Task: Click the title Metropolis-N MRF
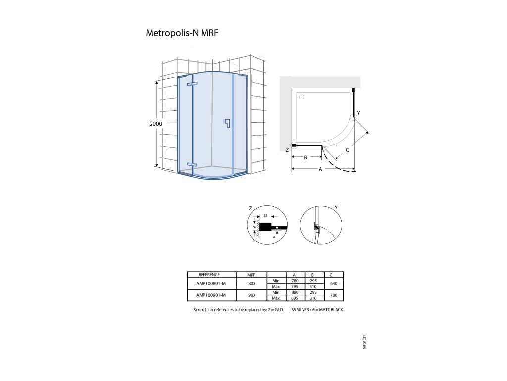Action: [x=182, y=33]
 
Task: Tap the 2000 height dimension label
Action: [x=156, y=124]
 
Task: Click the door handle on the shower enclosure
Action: [x=227, y=123]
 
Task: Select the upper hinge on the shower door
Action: [x=192, y=84]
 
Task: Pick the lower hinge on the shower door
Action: [x=192, y=165]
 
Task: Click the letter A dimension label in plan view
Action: [x=320, y=169]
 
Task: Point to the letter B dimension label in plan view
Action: [x=305, y=158]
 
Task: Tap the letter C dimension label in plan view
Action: [x=347, y=150]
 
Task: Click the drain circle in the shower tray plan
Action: [x=302, y=97]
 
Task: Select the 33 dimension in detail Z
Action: [x=265, y=215]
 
